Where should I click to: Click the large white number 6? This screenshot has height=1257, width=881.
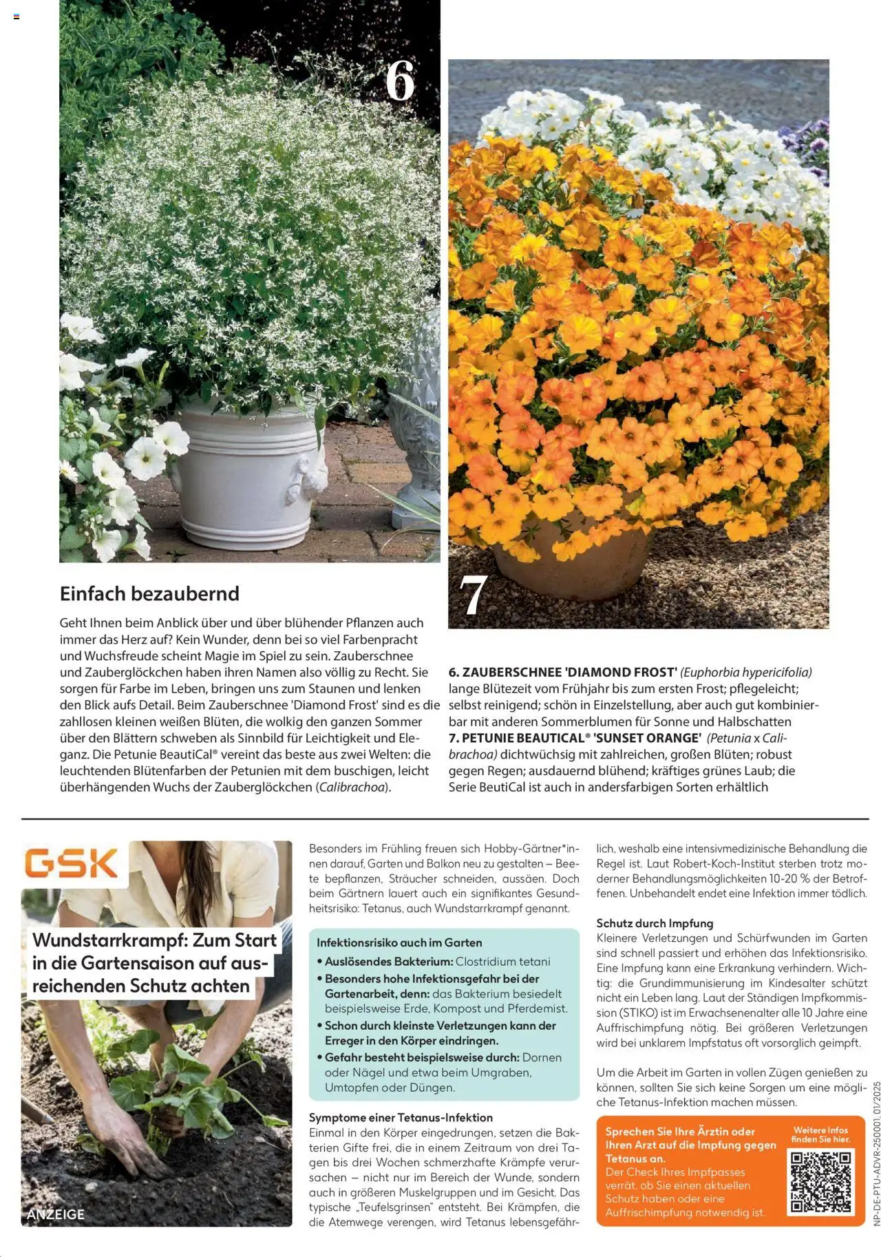click(x=400, y=81)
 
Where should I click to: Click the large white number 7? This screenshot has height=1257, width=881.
click(x=474, y=595)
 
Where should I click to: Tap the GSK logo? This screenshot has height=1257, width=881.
click(x=72, y=863)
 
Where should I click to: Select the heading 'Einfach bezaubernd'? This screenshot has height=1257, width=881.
click(x=149, y=593)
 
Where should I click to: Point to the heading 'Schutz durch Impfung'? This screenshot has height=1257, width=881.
click(x=655, y=923)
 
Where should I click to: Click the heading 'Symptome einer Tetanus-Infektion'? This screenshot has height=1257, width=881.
click(x=401, y=1117)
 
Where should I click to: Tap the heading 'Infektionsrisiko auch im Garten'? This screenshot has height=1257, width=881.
click(x=399, y=942)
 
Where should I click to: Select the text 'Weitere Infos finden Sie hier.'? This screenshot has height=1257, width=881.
click(x=820, y=1134)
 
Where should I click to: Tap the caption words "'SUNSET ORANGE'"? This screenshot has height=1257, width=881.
click(x=646, y=738)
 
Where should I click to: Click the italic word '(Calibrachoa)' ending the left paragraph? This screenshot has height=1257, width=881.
click(x=353, y=787)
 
